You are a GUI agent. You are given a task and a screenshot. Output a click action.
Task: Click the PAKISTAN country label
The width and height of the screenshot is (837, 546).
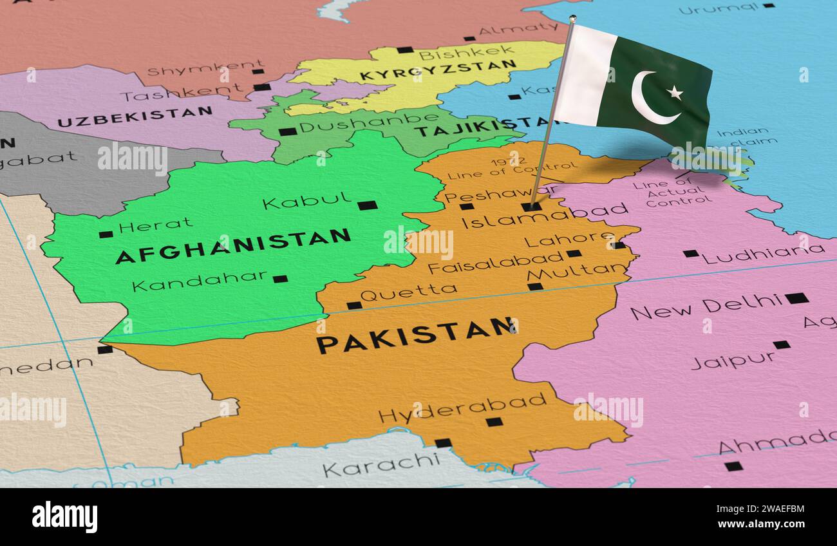coord(416,335)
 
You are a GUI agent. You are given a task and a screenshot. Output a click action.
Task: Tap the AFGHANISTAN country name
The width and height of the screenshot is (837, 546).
coord(233,247)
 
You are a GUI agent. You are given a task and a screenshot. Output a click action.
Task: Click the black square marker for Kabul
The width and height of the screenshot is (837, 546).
coord(367,205)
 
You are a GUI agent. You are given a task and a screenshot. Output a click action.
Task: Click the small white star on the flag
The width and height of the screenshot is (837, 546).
coord(675,93)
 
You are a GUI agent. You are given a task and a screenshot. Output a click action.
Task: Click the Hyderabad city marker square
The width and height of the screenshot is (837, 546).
coord(494,422)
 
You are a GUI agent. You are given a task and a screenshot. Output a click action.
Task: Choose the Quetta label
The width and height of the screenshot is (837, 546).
coord(408,294)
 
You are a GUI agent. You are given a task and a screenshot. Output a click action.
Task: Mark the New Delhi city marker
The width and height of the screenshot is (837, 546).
coord(796,298)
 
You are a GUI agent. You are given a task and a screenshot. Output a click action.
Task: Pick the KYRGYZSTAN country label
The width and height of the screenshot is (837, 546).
coord(438,70)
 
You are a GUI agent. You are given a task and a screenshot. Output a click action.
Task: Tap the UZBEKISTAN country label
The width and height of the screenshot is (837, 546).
coord(135,117)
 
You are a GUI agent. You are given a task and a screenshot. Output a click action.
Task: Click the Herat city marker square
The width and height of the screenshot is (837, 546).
coord(106,234)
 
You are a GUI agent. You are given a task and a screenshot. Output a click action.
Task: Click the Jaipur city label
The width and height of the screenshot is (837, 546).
coord(733,360)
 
